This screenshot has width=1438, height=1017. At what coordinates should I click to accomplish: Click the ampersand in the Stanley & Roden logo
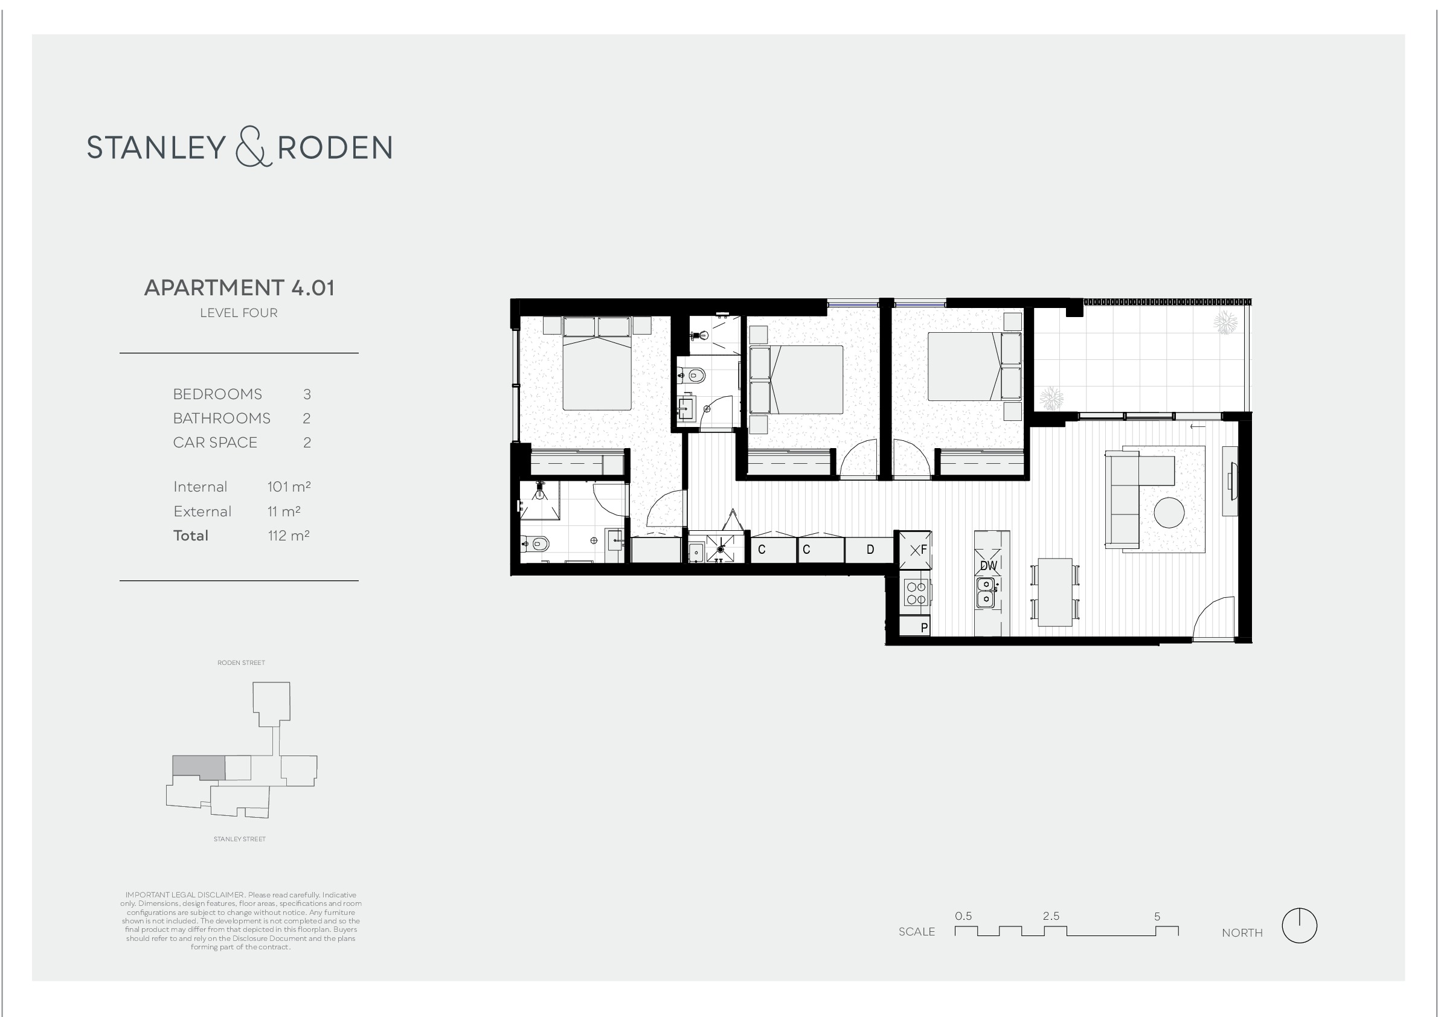click(x=253, y=147)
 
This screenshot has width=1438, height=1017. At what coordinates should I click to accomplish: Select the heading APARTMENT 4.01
click(x=239, y=288)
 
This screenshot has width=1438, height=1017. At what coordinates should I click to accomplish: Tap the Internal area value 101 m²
click(x=289, y=487)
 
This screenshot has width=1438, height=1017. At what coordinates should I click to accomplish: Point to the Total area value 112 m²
click(x=289, y=536)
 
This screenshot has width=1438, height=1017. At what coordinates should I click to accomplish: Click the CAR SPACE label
click(x=215, y=443)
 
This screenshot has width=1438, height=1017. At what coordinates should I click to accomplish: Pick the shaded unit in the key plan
click(x=199, y=767)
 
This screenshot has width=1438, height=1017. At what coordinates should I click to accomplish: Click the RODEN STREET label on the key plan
click(x=241, y=662)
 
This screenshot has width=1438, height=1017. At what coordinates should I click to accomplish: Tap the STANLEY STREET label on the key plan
click(x=239, y=839)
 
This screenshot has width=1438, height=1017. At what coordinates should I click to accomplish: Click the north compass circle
click(x=1299, y=926)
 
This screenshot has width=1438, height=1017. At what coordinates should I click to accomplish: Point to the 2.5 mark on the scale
click(x=1051, y=916)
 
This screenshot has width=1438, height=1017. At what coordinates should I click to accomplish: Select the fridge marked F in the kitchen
click(x=916, y=550)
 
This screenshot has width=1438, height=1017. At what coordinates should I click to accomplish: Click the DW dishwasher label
click(x=988, y=566)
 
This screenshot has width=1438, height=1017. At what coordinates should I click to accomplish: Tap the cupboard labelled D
click(x=869, y=549)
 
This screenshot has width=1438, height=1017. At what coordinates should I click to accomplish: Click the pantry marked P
click(x=915, y=626)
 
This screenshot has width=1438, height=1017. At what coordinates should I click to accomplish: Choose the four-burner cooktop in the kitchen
click(x=916, y=593)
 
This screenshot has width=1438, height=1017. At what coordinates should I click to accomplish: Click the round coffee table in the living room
click(x=1169, y=513)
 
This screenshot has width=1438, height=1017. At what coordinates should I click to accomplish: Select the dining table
click(x=1054, y=592)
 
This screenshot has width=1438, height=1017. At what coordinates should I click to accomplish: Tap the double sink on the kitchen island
click(x=986, y=592)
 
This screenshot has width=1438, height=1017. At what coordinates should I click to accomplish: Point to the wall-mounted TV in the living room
click(x=1231, y=481)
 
